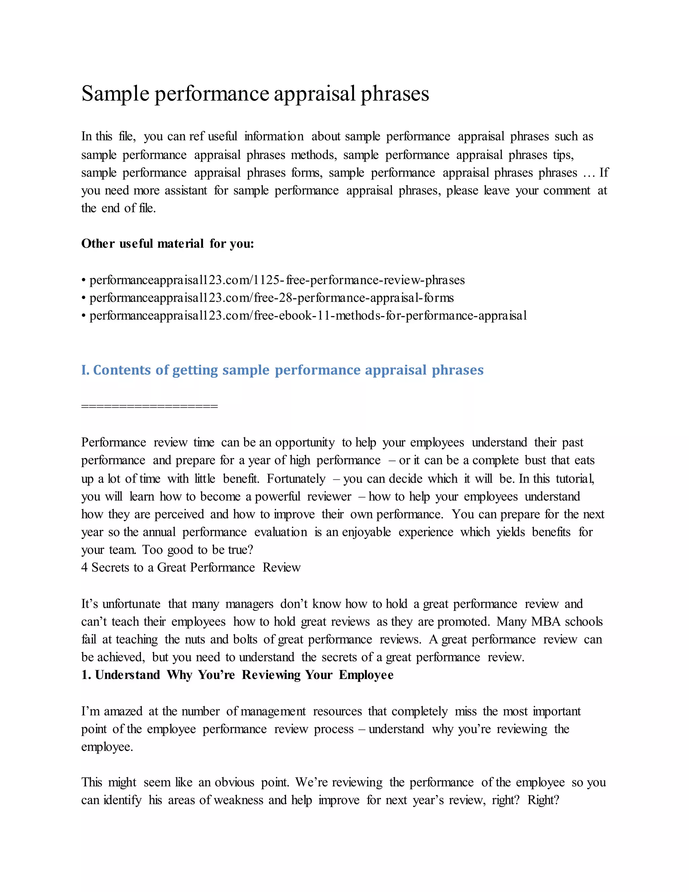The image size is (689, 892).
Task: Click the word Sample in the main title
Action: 115,94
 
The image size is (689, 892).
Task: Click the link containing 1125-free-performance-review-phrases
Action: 277,280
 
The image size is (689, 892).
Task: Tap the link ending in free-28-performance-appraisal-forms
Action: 271,298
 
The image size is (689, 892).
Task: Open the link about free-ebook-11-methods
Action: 308,316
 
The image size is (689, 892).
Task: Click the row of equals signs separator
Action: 149,406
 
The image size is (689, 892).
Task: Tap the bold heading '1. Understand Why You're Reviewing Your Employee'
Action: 237,675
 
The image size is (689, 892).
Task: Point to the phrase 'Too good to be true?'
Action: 197,550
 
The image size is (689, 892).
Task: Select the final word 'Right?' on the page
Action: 543,800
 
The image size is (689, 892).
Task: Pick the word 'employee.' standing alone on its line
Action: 107,747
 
